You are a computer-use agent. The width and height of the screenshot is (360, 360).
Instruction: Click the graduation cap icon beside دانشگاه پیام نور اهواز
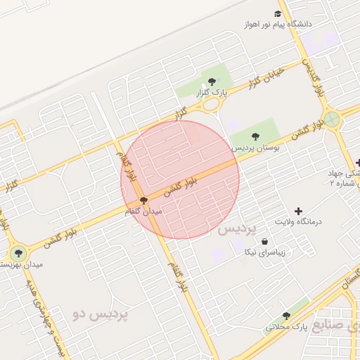point(278,13)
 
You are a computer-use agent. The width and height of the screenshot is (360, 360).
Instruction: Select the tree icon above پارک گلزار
point(212,81)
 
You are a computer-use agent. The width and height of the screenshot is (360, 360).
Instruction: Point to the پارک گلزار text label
point(212,92)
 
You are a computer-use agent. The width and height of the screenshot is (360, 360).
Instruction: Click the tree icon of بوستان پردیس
point(254,137)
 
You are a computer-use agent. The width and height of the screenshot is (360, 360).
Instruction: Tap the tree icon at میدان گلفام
point(143,200)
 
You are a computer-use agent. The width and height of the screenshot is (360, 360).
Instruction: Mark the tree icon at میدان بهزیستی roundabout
point(18,253)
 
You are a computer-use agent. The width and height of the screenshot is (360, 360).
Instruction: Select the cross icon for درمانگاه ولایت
point(298,210)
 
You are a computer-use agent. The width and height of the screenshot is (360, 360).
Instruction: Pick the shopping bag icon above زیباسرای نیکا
point(264,241)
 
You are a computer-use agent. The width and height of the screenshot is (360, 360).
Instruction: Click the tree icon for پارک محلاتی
point(286,316)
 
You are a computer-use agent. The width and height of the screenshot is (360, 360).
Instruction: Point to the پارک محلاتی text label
point(287,327)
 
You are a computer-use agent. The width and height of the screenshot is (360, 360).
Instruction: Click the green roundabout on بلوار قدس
point(331,119)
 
